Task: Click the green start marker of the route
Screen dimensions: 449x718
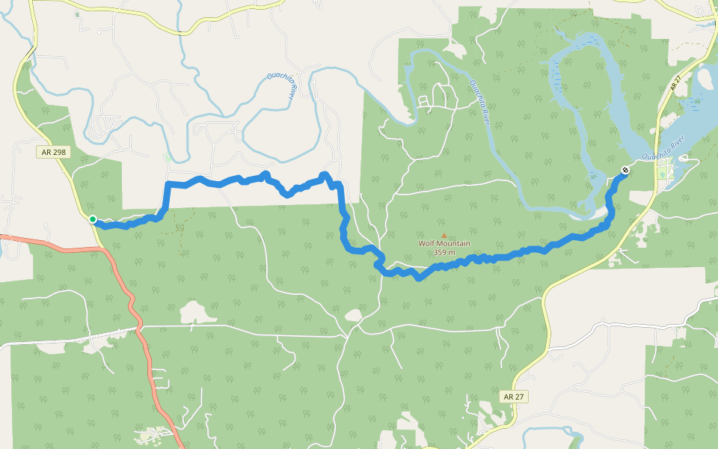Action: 93,219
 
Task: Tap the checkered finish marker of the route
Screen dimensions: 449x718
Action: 625,171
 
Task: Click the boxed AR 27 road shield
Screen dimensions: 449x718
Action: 513,396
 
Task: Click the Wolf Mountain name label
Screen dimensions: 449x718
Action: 444,243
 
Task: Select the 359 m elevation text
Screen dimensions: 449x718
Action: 444,252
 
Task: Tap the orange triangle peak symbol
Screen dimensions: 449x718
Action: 444,235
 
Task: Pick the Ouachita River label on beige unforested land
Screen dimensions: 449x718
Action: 280,86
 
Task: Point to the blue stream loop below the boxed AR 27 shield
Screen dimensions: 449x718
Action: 553,434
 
